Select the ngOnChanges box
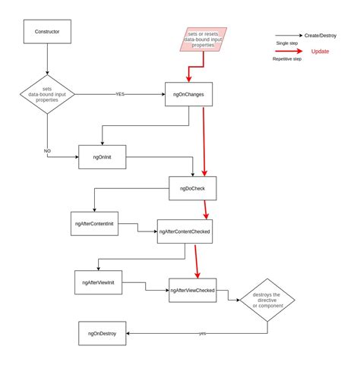click(x=187, y=95)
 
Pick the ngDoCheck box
click(x=193, y=187)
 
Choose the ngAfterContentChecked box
click(x=185, y=231)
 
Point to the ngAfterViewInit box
click(x=98, y=281)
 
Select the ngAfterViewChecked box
click(x=192, y=290)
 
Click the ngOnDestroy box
click(x=103, y=333)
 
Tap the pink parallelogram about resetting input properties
click(x=203, y=39)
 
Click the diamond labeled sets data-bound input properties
click(x=47, y=95)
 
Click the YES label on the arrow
click(x=120, y=95)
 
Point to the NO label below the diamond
click(x=47, y=151)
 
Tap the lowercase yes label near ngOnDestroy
click(x=202, y=334)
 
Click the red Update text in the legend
click(x=320, y=51)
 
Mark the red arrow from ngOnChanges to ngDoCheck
click(x=202, y=140)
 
